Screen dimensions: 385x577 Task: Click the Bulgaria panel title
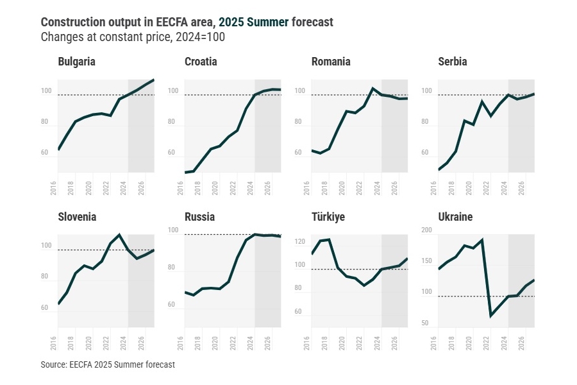[x=76, y=62]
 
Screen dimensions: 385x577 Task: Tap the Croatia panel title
[x=201, y=62]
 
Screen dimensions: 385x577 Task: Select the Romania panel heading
[x=331, y=62]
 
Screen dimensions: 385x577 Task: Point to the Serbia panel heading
[x=453, y=62]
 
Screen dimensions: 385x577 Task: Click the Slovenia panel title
[x=77, y=217]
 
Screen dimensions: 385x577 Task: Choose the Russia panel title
[x=199, y=217]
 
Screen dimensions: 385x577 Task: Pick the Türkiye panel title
[x=328, y=217]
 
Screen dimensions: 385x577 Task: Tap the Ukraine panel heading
[x=455, y=217]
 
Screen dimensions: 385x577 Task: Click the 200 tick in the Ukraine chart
[x=426, y=230]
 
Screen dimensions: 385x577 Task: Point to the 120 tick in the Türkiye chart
[x=299, y=242]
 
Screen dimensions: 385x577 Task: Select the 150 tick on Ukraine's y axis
[x=426, y=261]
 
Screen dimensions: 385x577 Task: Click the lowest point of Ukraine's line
[x=491, y=316]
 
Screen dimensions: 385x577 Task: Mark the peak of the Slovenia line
[x=119, y=235]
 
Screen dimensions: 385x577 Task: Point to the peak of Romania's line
[x=373, y=89]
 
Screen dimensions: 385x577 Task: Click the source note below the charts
[x=108, y=364]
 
